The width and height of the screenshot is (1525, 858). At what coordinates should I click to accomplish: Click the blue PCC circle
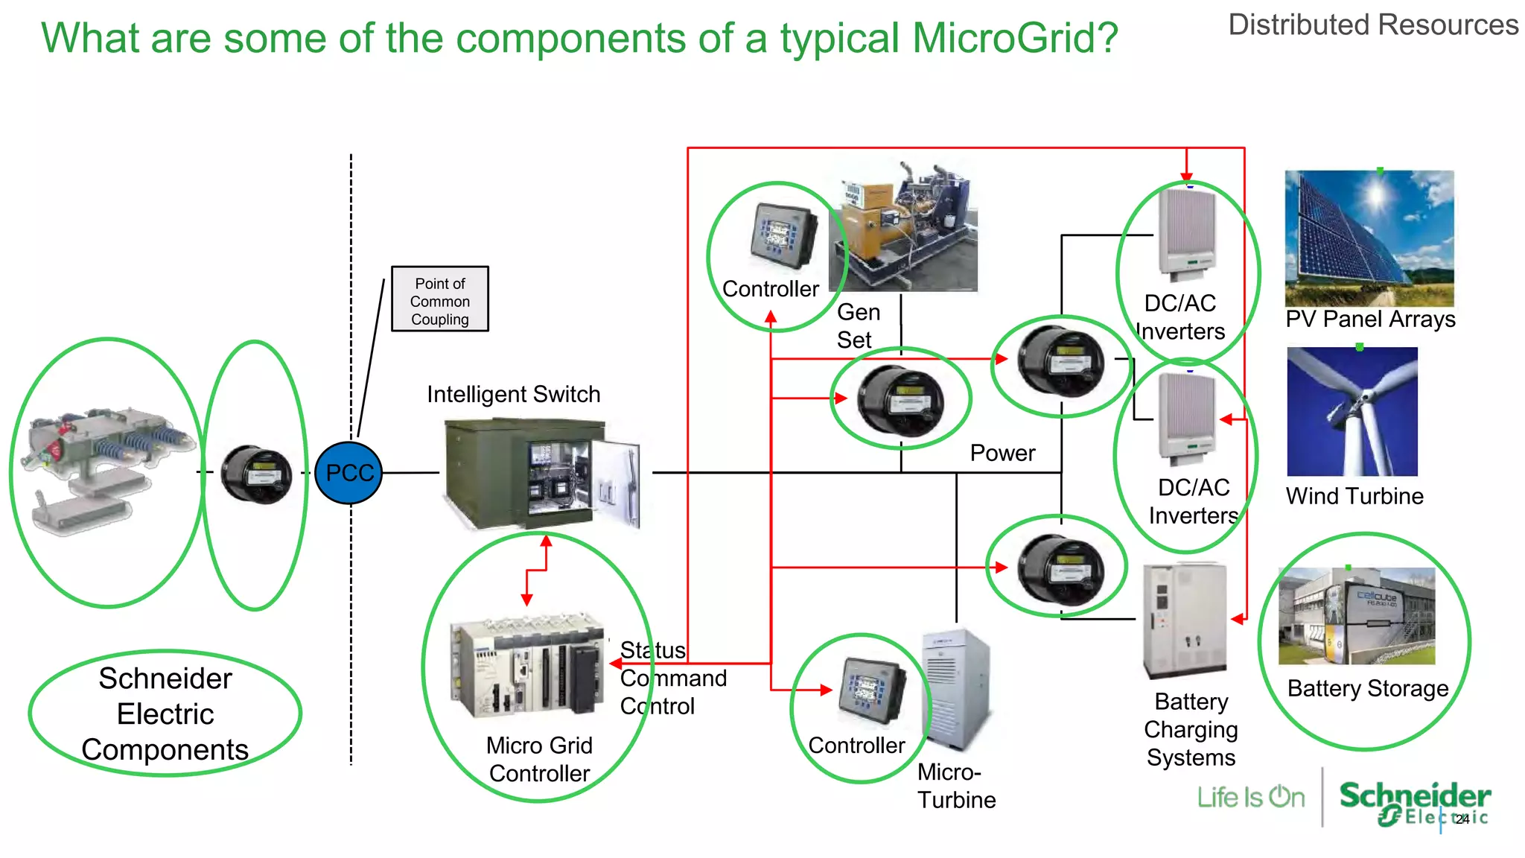[x=348, y=473]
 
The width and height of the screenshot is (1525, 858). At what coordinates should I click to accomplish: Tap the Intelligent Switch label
[x=513, y=394]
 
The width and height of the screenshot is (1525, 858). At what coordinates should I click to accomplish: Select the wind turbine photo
[x=1352, y=412]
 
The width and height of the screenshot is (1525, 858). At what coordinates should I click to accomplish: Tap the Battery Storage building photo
[x=1356, y=616]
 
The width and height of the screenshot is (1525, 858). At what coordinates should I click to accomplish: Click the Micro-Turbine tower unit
[x=956, y=689]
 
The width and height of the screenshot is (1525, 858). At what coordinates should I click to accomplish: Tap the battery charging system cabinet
[x=1184, y=620]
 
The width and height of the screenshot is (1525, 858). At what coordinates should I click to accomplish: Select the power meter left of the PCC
[x=256, y=474]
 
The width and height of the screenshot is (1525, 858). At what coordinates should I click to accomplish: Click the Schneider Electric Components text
[x=165, y=714]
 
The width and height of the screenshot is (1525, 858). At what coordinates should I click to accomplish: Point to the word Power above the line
[x=1002, y=453]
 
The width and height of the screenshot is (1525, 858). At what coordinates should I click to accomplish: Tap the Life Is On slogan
[x=1251, y=798]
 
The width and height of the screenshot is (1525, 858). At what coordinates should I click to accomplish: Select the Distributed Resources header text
[x=1372, y=25]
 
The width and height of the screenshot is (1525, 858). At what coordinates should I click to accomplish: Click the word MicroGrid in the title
[x=1015, y=38]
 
